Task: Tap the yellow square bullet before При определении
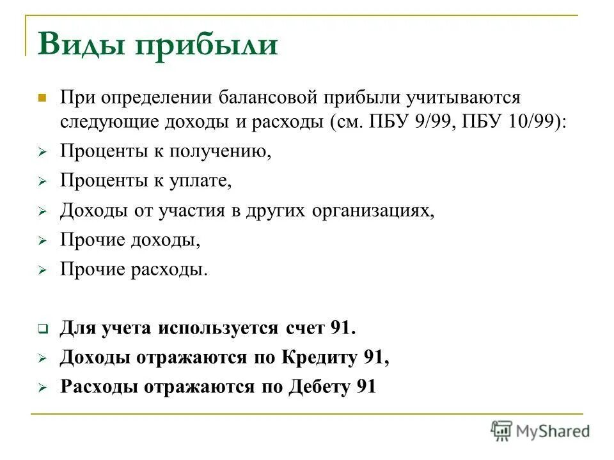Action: [42, 98]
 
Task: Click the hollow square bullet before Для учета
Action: [42, 330]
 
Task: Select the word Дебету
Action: [318, 387]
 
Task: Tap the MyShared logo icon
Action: [502, 431]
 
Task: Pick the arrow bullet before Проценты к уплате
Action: [42, 183]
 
